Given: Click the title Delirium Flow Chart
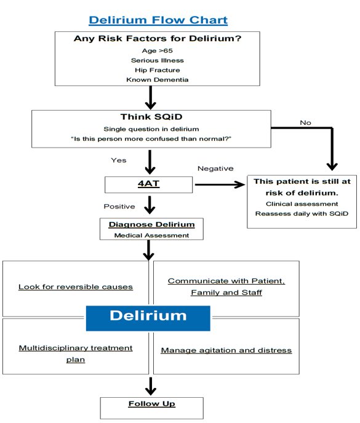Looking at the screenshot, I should pyautogui.click(x=158, y=20).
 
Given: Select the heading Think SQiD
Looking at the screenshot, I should pyautogui.click(x=151, y=117).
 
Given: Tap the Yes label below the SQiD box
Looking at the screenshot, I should pyautogui.click(x=118, y=160).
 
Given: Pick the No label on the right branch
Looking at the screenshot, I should pyautogui.click(x=305, y=123).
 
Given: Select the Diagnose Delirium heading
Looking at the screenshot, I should pyautogui.click(x=151, y=224).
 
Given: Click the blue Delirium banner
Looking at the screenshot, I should pyautogui.click(x=148, y=316).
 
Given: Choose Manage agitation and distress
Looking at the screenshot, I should pyautogui.click(x=226, y=350).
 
